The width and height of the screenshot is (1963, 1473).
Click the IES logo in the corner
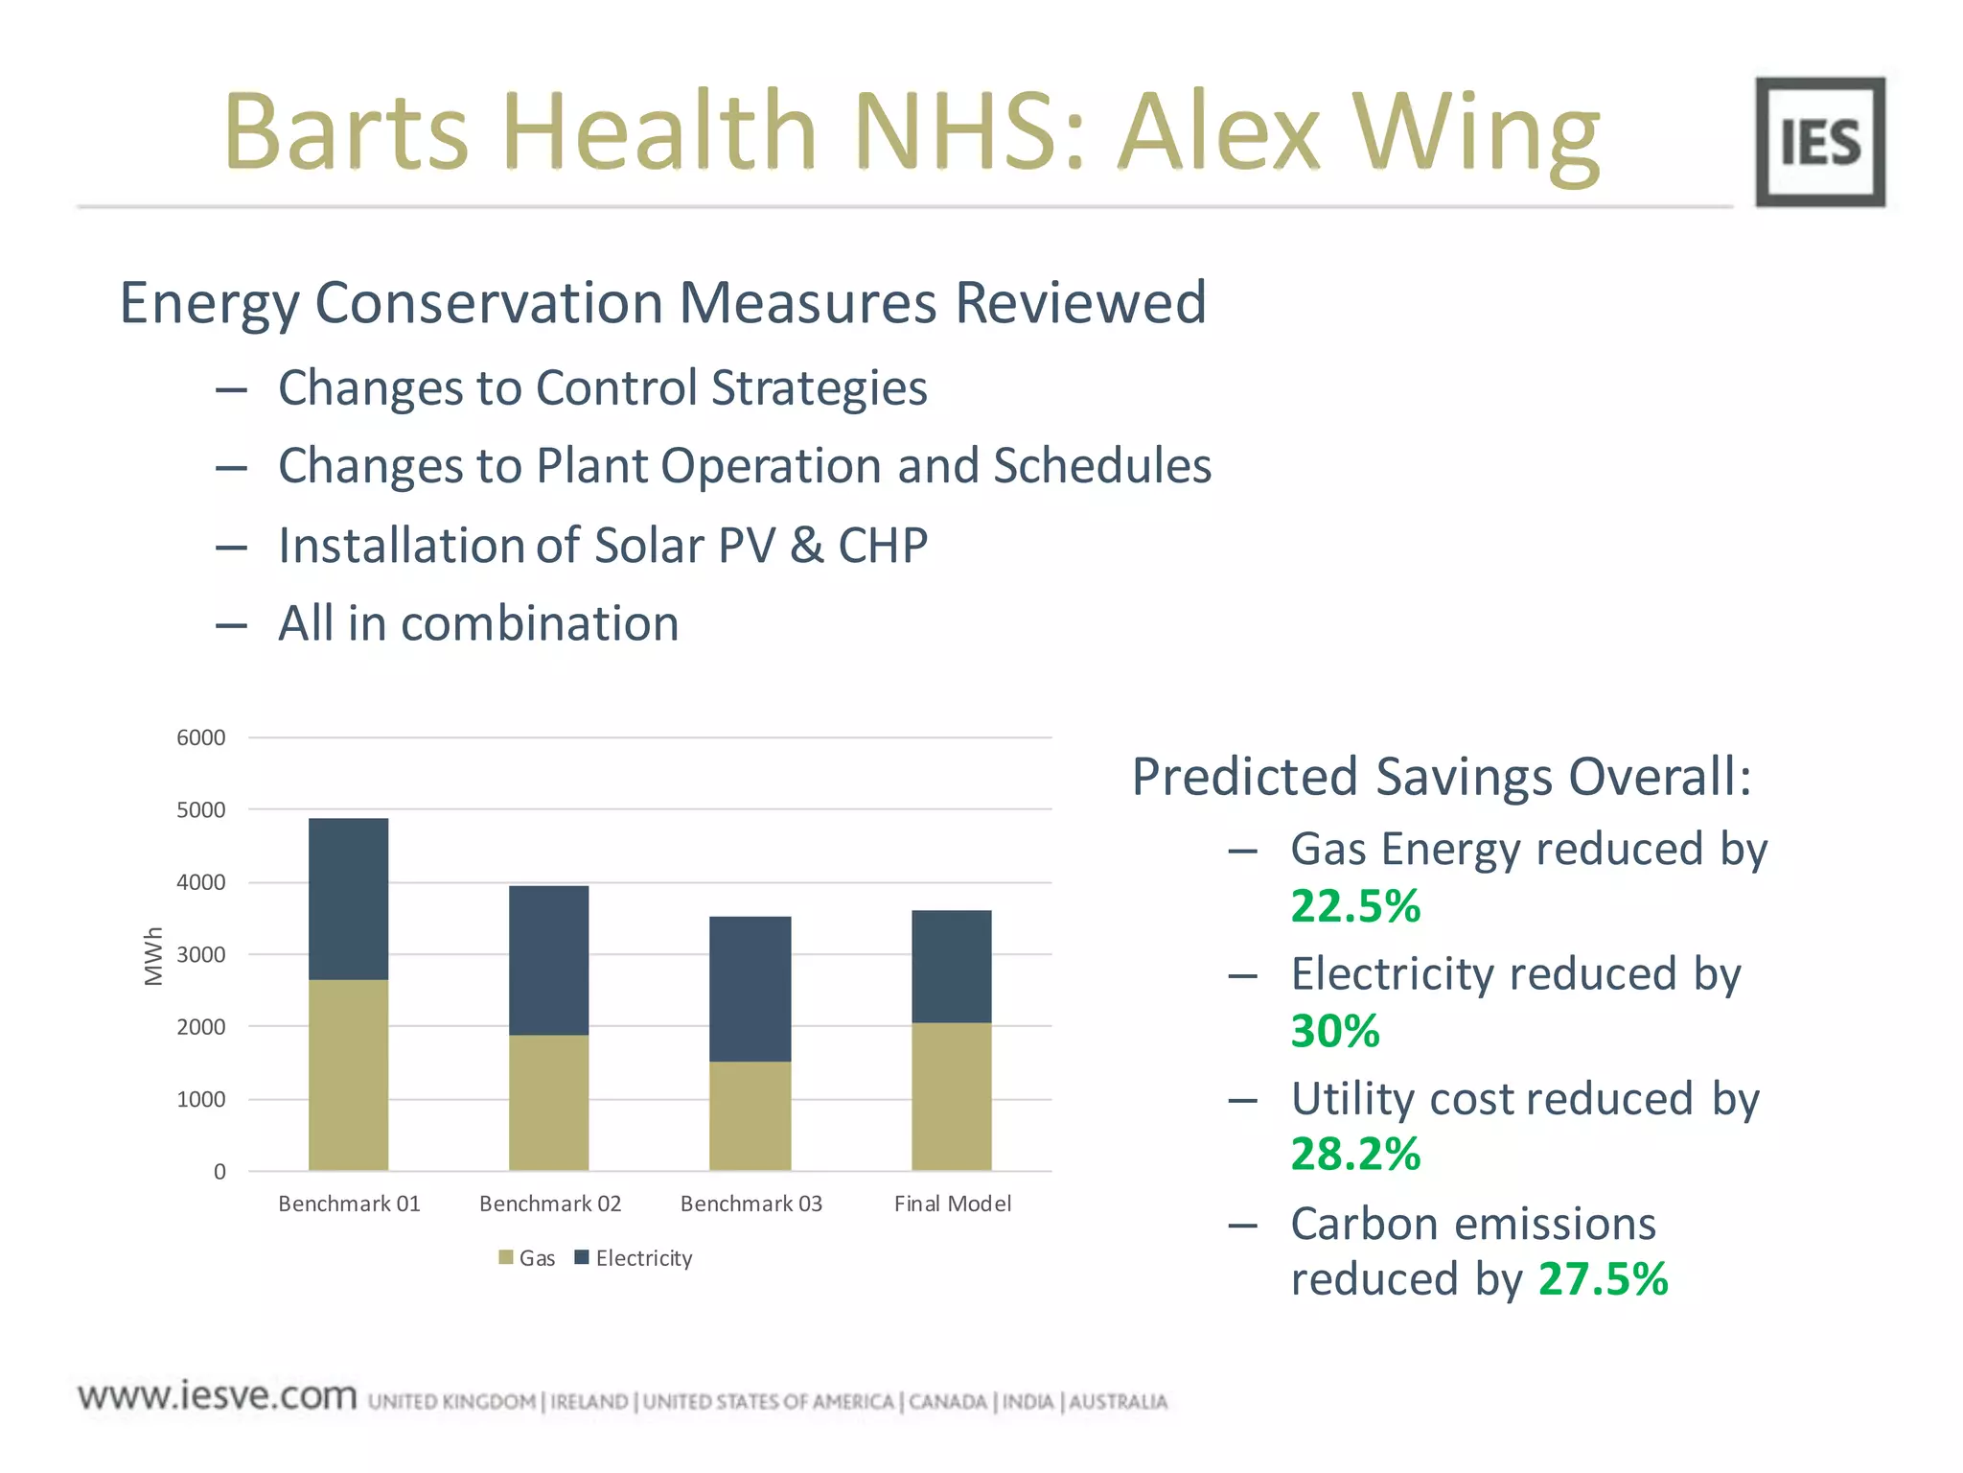pyautogui.click(x=1819, y=142)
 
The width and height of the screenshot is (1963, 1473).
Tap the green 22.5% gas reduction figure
pyautogui.click(x=1354, y=906)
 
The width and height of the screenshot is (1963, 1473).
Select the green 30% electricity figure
pyautogui.click(x=1334, y=1031)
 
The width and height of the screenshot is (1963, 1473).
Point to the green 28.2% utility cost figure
pyautogui.click(x=1354, y=1154)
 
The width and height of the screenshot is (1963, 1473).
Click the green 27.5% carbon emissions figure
pyautogui.click(x=1603, y=1279)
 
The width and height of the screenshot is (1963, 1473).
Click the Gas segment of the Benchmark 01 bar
pyautogui.click(x=348, y=1074)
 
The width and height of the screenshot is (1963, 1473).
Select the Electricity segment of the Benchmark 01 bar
pyautogui.click(x=348, y=899)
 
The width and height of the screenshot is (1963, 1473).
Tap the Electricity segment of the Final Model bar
pyautogui.click(x=951, y=966)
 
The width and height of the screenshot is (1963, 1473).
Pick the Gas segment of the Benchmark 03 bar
pyautogui.click(x=750, y=1115)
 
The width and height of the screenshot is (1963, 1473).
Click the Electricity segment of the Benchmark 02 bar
pyautogui.click(x=548, y=960)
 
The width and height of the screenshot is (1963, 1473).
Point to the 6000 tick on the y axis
pyautogui.click(x=200, y=737)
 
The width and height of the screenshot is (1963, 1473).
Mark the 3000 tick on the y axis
pyautogui.click(x=200, y=954)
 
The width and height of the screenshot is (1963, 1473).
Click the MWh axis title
pyautogui.click(x=153, y=955)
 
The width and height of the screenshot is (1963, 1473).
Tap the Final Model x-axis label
pyautogui.click(x=952, y=1204)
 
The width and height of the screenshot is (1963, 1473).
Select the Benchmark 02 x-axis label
pyautogui.click(x=550, y=1204)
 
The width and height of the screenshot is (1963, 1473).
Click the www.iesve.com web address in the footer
pyautogui.click(x=218, y=1395)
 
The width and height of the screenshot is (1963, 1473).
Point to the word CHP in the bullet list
pyautogui.click(x=882, y=545)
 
